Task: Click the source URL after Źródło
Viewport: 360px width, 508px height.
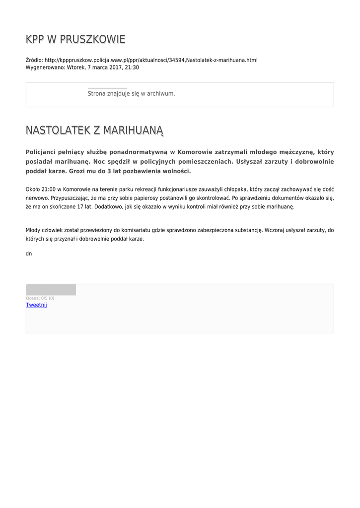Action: pos(151,60)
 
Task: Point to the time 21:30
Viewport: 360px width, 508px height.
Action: pos(132,67)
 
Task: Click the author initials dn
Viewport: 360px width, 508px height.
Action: pos(29,254)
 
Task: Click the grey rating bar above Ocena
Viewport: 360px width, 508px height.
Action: pos(51,290)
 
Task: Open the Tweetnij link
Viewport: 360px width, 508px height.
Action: pos(36,305)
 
